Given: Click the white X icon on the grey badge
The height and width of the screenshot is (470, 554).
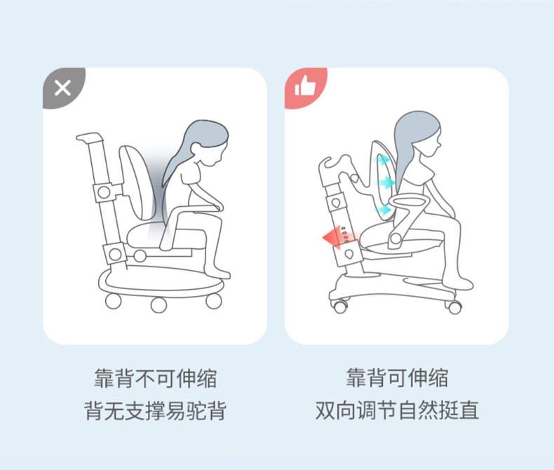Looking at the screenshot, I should pyautogui.click(x=62, y=88).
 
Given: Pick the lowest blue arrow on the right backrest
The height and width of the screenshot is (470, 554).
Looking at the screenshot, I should pyautogui.click(x=384, y=209).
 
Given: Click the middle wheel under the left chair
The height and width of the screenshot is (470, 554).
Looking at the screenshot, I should pyautogui.click(x=158, y=304).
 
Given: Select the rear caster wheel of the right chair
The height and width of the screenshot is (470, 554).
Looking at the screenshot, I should pyautogui.click(x=341, y=306).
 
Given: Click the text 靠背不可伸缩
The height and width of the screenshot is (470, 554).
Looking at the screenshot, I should pyautogui.click(x=155, y=379).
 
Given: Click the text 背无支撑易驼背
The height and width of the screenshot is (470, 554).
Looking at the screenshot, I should pyautogui.click(x=155, y=410).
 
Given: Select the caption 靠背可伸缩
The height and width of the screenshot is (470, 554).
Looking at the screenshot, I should pyautogui.click(x=396, y=379).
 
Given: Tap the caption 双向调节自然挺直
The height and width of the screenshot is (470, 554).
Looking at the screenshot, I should pyautogui.click(x=396, y=410).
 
